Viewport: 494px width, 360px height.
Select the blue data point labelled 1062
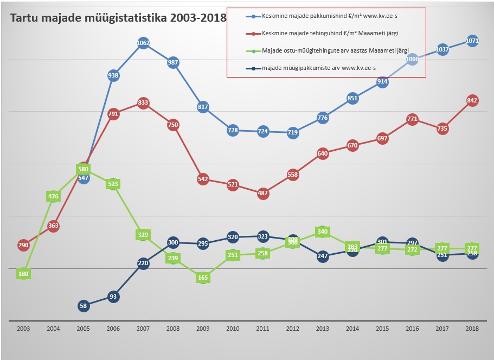143,43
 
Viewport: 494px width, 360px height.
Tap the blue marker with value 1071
472,41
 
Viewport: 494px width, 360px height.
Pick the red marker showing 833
143,102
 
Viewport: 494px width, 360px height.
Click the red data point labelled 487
263,193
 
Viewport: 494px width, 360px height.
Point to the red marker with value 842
472,100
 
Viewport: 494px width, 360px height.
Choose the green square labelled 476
53,196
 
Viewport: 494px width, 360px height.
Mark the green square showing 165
203,278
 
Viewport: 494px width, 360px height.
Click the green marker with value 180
23,274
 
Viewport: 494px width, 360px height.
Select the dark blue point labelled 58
83,306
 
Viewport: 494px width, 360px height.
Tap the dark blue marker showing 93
113,297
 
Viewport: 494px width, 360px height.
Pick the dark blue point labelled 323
263,236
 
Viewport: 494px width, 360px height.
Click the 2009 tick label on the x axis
203,329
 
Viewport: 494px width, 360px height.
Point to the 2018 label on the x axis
472,329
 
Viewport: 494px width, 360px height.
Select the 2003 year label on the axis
23,329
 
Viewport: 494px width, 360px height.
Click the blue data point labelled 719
293,132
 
